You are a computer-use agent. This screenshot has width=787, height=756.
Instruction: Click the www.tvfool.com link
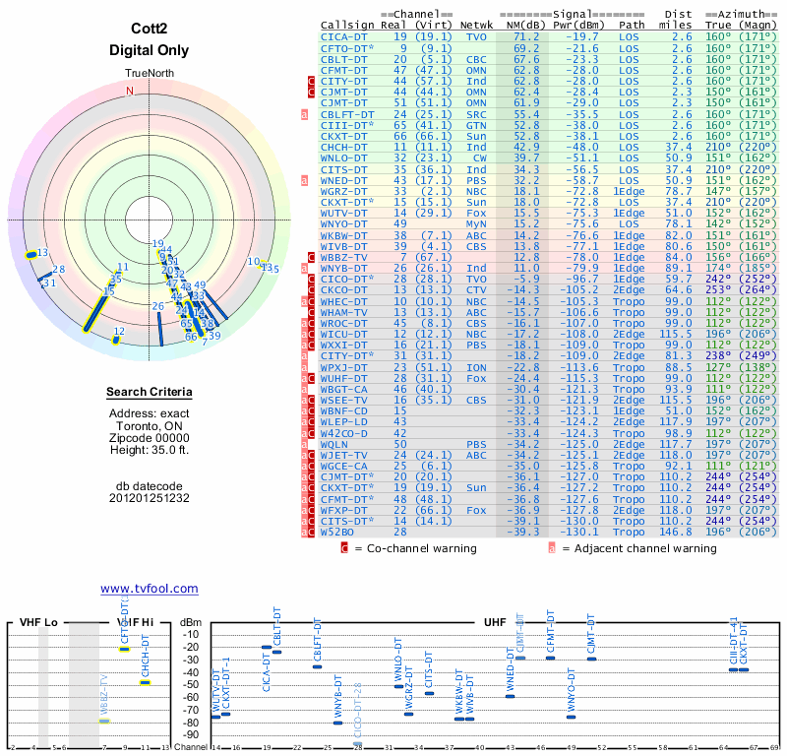150,589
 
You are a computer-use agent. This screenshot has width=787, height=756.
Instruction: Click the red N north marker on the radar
129,91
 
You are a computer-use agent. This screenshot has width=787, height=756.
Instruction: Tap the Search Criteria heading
150,393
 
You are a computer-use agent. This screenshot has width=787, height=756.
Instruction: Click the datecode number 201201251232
150,498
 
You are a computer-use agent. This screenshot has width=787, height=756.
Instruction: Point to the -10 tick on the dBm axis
190,635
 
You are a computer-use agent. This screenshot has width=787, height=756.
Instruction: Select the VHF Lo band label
39,623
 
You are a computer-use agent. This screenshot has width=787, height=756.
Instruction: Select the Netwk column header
477,25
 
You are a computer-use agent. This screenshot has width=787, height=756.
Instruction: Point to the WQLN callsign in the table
336,443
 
